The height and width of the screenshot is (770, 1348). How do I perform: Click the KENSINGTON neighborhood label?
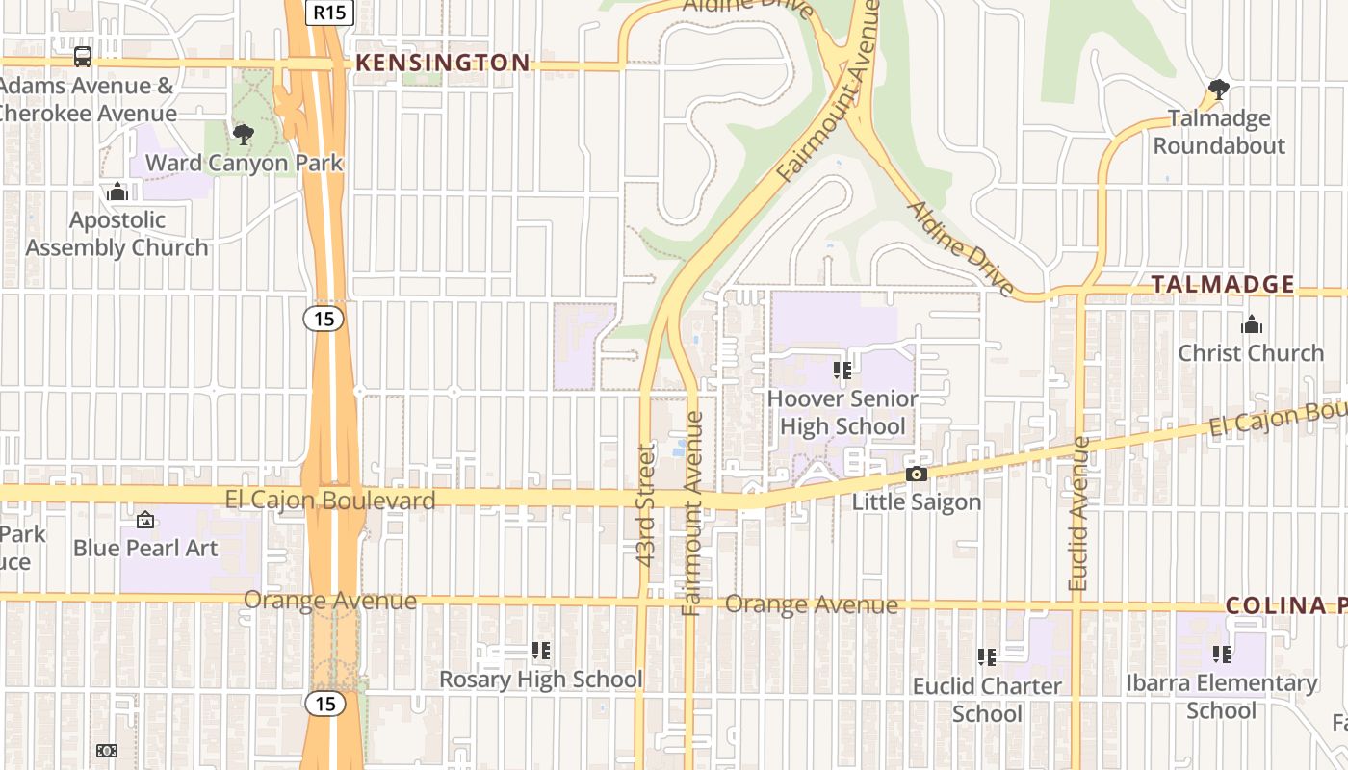click(442, 64)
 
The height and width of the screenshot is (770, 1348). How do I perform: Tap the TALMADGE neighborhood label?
click(1223, 285)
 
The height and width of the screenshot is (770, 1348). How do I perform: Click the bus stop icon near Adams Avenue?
click(83, 56)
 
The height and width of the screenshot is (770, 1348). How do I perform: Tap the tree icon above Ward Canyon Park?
click(244, 134)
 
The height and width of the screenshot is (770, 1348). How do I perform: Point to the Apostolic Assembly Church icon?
click(117, 192)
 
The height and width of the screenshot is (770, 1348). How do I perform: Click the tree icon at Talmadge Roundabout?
click(1218, 90)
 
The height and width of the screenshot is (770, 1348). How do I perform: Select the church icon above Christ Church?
click(1251, 324)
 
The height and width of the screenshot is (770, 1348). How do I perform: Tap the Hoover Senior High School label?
click(842, 412)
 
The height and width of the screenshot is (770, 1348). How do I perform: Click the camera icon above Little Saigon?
click(916, 474)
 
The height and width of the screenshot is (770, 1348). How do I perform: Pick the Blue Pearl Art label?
click(145, 548)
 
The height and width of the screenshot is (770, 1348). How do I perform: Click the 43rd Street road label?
click(646, 503)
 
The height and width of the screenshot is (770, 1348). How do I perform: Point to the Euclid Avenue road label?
click(1078, 514)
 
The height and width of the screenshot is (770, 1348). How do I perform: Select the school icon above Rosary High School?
click(541, 652)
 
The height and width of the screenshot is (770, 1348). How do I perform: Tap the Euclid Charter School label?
click(987, 700)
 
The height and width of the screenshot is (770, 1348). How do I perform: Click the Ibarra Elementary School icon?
click(1222, 654)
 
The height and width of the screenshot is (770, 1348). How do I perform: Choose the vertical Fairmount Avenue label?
click(692, 514)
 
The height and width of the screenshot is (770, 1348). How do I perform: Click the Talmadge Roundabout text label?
click(1219, 133)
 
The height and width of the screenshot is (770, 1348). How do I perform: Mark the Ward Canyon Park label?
click(244, 163)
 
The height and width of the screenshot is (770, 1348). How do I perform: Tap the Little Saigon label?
click(916, 502)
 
